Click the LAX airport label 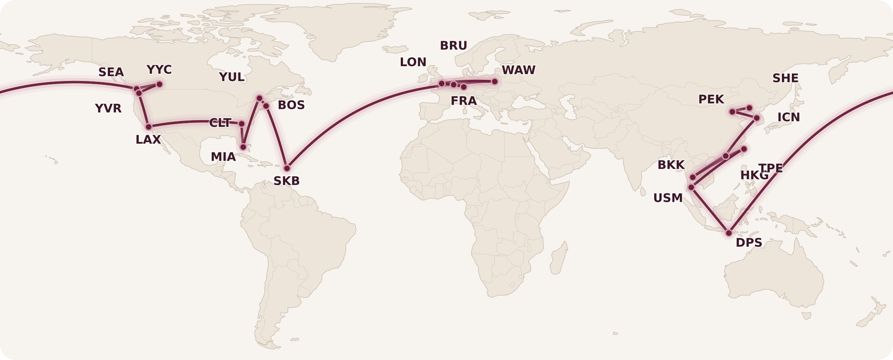(x=148, y=140)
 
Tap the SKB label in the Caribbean (x=286, y=181)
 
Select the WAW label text (x=519, y=70)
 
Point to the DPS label (x=749, y=243)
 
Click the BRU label (x=453, y=46)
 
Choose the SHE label (x=785, y=78)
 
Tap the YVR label (x=108, y=109)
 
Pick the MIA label (x=223, y=157)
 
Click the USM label (x=668, y=198)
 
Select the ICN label (x=788, y=117)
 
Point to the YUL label (x=232, y=77)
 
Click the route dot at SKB (x=287, y=168)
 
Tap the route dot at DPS (x=729, y=233)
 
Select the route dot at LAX (x=148, y=127)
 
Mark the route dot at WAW (x=495, y=81)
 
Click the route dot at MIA (x=243, y=147)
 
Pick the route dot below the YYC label (x=159, y=84)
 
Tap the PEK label (x=711, y=100)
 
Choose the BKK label (x=671, y=165)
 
